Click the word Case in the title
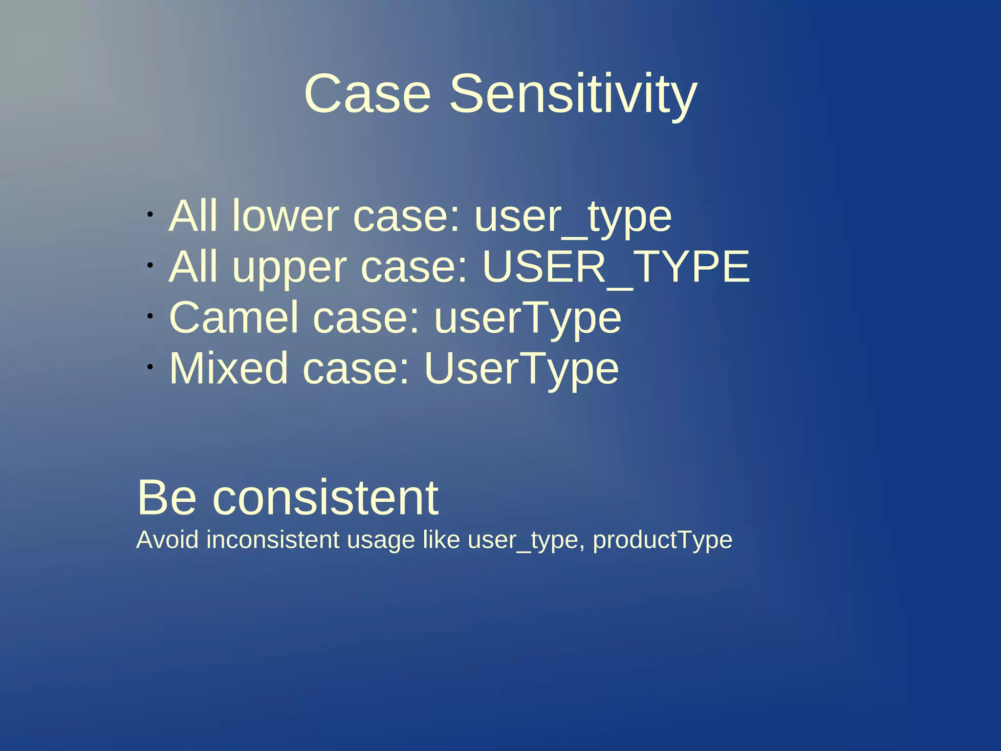click(x=367, y=94)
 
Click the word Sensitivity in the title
click(x=573, y=94)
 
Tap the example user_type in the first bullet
click(x=573, y=217)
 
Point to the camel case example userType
click(x=527, y=318)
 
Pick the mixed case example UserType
click(x=521, y=368)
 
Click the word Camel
click(x=233, y=318)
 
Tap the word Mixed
click(x=228, y=368)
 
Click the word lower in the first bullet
click(x=285, y=216)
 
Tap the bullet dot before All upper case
click(x=151, y=265)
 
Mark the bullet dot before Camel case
click(x=151, y=316)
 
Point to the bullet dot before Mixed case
click(x=151, y=366)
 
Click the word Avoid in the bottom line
click(x=167, y=540)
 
